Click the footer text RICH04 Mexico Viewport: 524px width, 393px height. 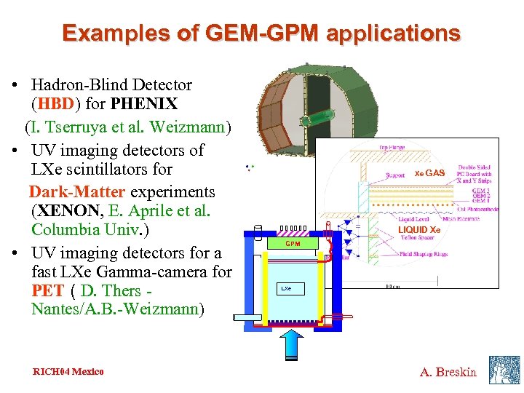click(x=68, y=372)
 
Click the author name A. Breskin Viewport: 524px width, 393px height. click(x=448, y=372)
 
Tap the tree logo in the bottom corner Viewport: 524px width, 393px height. click(x=504, y=369)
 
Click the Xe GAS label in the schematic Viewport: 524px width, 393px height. click(x=429, y=173)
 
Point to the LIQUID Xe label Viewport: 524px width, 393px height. click(x=419, y=230)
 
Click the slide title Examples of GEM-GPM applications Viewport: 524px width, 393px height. click(x=261, y=33)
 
